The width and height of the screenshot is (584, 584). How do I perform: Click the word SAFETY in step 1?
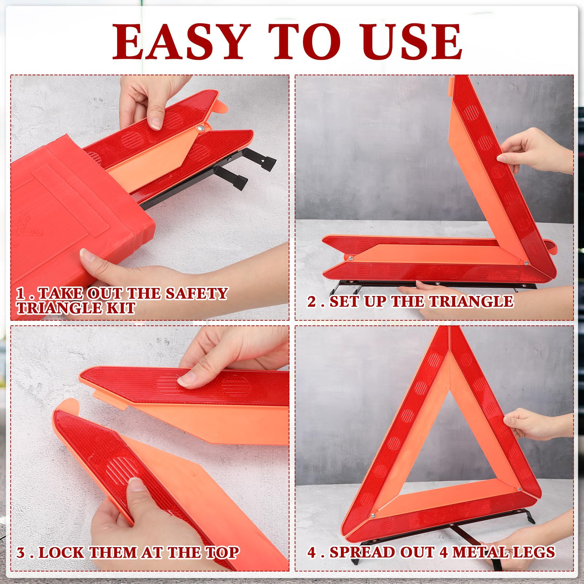(x=196, y=293)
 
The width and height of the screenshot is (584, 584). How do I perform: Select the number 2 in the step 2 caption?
(x=312, y=302)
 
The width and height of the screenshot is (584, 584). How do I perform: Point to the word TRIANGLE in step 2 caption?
(x=471, y=302)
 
